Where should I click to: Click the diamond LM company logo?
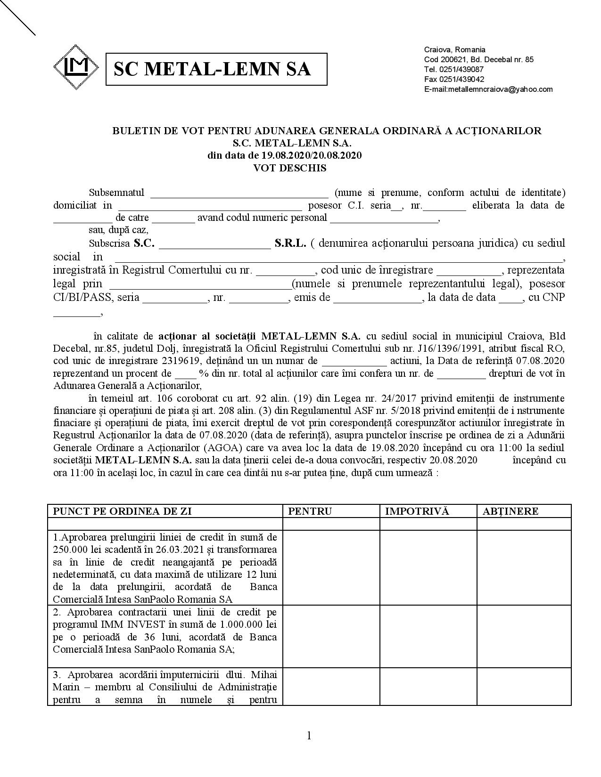click(x=76, y=67)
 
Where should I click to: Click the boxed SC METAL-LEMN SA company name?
click(x=216, y=69)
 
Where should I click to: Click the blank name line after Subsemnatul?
click(x=239, y=194)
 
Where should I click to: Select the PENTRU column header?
click(x=310, y=511)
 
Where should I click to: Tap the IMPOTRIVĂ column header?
click(x=417, y=511)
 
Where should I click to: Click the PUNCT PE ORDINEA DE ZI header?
click(x=122, y=511)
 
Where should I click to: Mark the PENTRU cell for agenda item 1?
click(x=331, y=568)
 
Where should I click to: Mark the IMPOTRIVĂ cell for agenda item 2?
click(x=428, y=636)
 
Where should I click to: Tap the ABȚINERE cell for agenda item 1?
click(x=524, y=568)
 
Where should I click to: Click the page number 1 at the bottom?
click(x=309, y=736)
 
